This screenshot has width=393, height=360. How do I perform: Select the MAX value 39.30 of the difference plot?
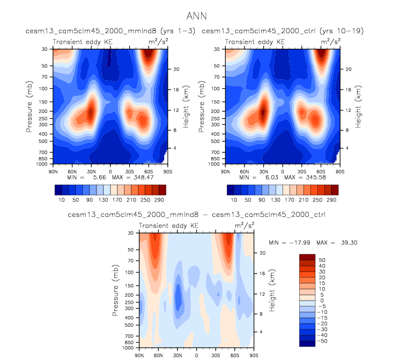(348, 242)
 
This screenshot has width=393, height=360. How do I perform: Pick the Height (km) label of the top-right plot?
(357, 102)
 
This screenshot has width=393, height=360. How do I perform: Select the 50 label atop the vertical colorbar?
(322, 259)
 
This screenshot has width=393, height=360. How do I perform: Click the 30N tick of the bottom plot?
(177, 355)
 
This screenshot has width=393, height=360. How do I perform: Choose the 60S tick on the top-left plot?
(149, 167)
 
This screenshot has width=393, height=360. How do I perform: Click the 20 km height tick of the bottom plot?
(262, 252)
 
